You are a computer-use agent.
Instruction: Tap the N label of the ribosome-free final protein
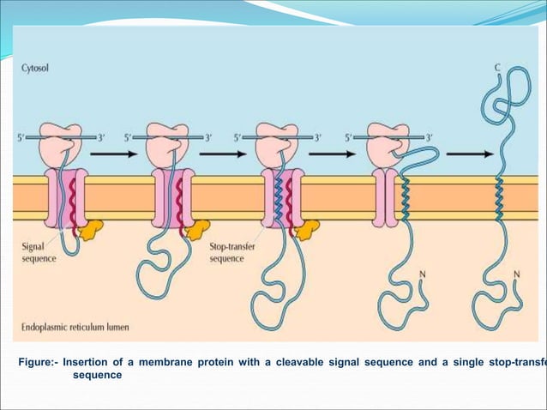coord(516,274)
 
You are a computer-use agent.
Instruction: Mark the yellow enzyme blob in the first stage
coord(89,228)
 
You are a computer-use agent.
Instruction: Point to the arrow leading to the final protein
coord(469,154)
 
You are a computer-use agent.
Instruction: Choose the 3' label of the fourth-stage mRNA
coord(430,136)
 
